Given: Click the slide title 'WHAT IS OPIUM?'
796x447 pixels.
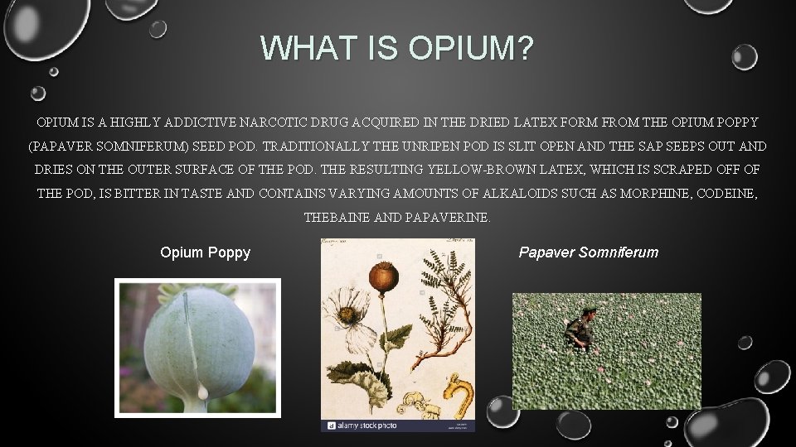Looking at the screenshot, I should pos(398,48).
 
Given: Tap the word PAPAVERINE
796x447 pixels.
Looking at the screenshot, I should pos(448,219).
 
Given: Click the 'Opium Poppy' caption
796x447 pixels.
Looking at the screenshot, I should pos(205,252).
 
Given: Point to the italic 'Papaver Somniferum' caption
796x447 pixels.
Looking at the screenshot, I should pos(588,252).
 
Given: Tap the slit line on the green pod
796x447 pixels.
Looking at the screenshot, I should pos(192,348).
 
